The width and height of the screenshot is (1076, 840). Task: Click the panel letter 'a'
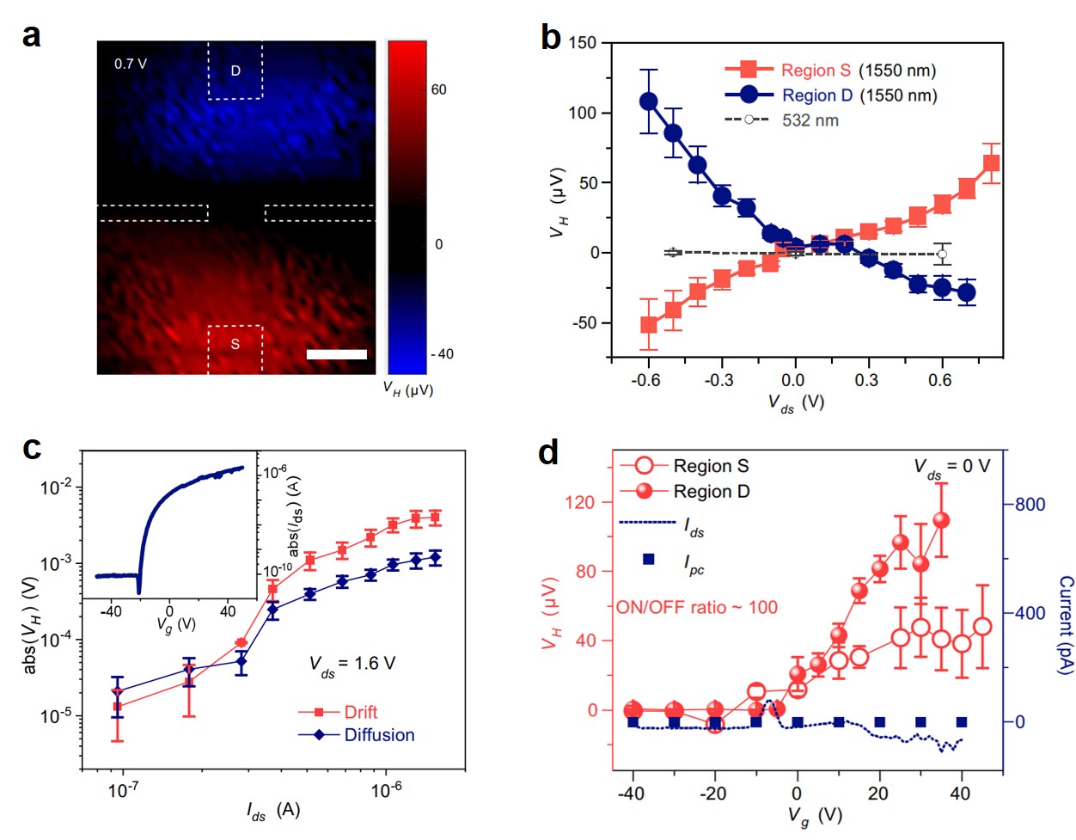[31, 36]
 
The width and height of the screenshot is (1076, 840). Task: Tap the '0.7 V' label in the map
[131, 64]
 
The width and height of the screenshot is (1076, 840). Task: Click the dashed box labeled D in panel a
[235, 71]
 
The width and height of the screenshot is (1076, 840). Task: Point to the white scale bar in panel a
[336, 354]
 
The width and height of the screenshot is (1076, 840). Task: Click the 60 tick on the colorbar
[438, 89]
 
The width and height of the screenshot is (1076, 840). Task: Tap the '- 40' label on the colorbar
[442, 354]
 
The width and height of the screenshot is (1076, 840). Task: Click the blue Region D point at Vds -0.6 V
[648, 101]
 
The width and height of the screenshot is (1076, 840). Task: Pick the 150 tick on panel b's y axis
[583, 43]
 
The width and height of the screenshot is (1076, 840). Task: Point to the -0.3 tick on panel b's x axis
[720, 379]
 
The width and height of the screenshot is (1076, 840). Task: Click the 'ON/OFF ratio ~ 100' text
[696, 607]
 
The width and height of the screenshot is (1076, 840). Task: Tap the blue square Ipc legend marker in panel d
[649, 560]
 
